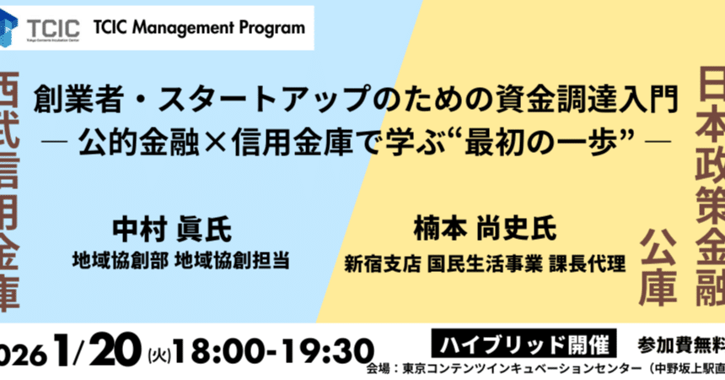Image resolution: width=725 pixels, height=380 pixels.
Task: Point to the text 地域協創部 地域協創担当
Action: (181, 260)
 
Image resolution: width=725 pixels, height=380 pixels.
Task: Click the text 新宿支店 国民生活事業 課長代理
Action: (484, 263)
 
